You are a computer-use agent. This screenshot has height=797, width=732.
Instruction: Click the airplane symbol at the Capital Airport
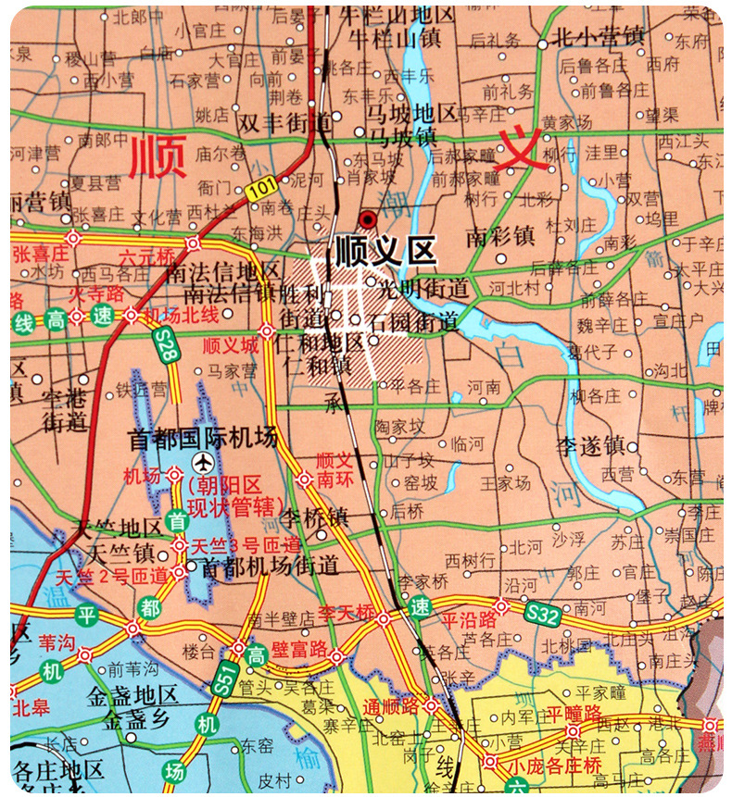201,460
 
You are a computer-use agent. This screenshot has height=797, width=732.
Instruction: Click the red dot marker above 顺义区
369,219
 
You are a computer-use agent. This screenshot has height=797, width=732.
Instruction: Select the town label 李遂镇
591,445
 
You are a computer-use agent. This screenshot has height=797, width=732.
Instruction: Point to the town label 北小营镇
597,38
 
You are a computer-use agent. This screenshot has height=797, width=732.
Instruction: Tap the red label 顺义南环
334,468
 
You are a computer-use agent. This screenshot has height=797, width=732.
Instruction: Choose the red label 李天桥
346,613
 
